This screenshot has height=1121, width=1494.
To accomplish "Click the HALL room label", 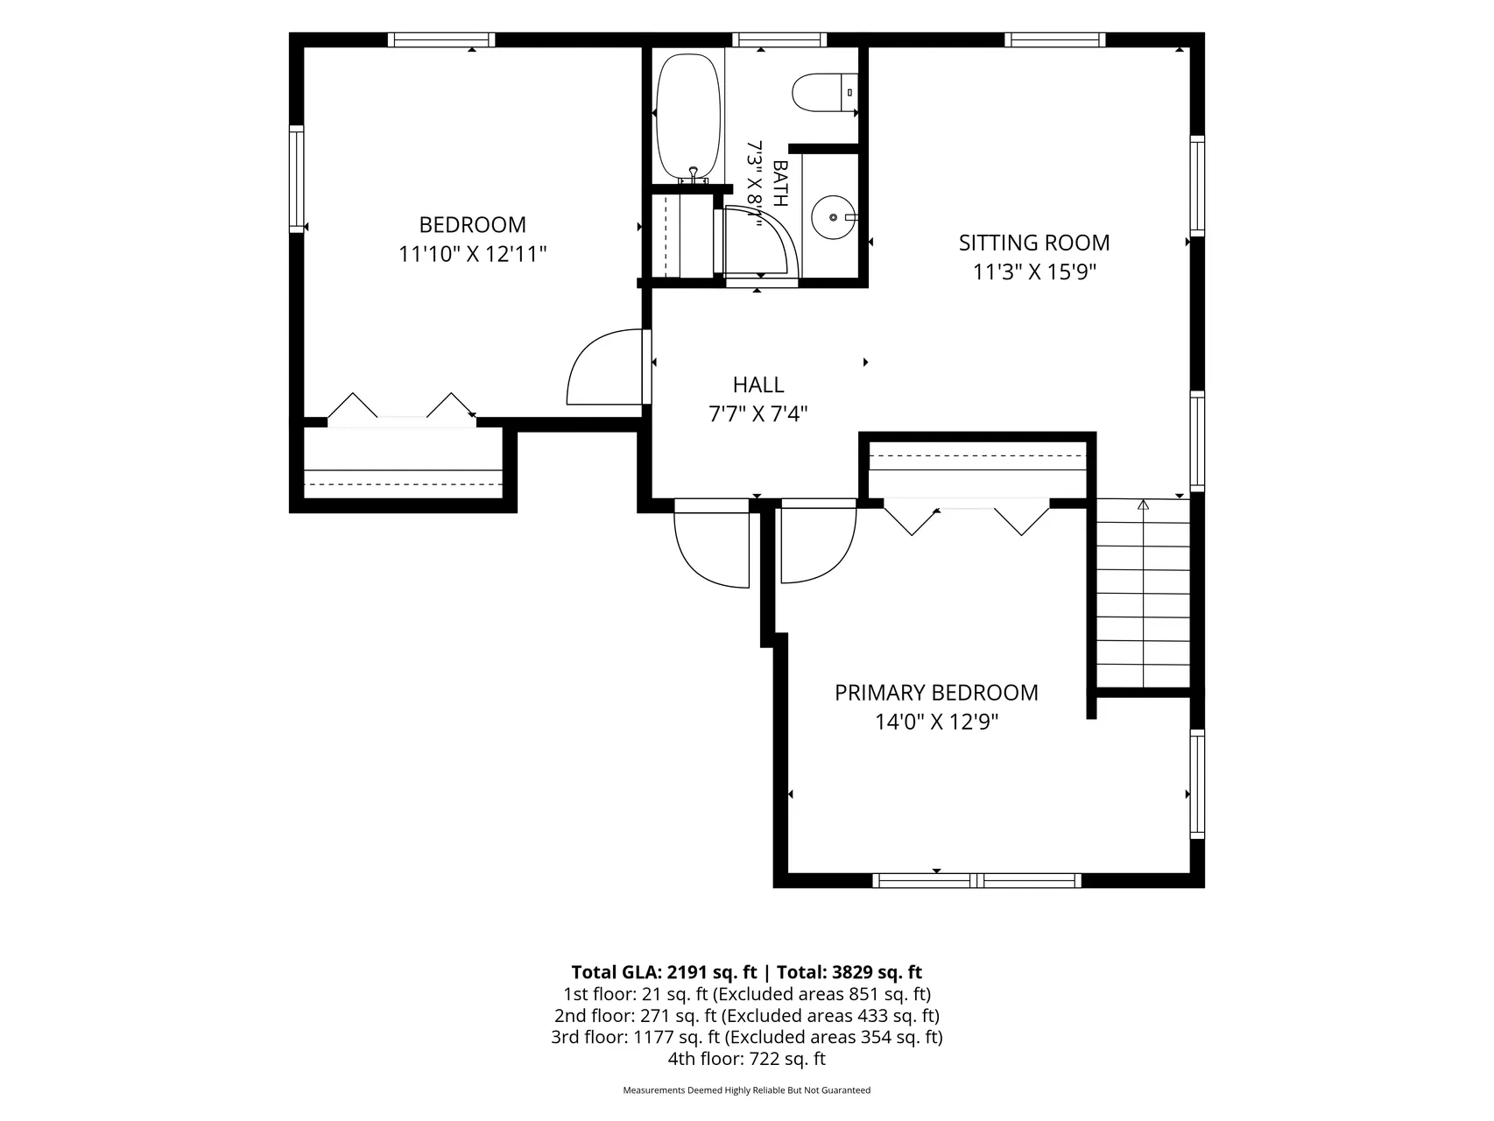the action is (758, 384).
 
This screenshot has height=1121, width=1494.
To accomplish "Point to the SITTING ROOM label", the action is (1034, 243).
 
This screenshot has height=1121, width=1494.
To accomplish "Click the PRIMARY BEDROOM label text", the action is (936, 693).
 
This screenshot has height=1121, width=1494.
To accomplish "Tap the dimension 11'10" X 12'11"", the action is (473, 255).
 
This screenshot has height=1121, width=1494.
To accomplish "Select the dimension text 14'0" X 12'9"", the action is (936, 723).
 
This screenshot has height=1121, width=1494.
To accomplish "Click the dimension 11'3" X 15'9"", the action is (1034, 272).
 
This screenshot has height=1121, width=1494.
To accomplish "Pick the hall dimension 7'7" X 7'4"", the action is (758, 414).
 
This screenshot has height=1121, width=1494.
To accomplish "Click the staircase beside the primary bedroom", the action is (1144, 594).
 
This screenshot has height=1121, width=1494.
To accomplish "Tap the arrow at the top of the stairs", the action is (1143, 504).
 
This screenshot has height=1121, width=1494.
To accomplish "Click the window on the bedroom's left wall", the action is (297, 179).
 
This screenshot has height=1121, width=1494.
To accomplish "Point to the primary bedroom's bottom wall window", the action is (978, 880).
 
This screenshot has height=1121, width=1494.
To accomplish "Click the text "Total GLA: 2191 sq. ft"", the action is (664, 972).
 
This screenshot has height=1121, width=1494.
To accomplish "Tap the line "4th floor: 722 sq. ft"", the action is (747, 1059).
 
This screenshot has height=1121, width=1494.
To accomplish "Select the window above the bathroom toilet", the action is (779, 39).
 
